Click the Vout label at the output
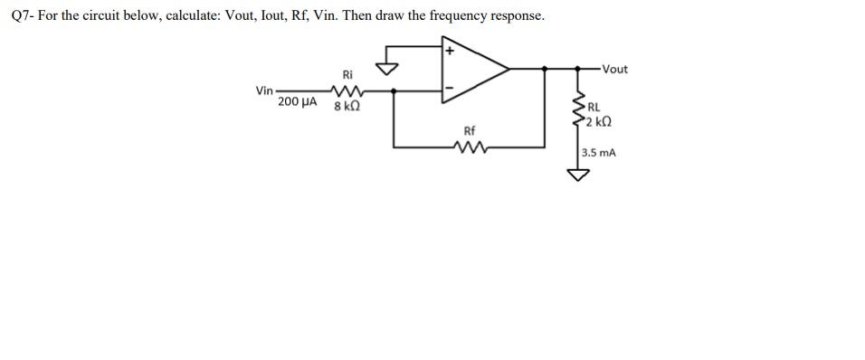coord(613,69)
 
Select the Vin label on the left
coord(264,90)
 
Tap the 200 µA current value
coord(298,103)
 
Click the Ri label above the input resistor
coord(347,73)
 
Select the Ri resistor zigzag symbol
coord(347,90)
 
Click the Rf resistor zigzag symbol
coord(470,146)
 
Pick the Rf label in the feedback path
coord(469,131)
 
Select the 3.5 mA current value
coord(598,153)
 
